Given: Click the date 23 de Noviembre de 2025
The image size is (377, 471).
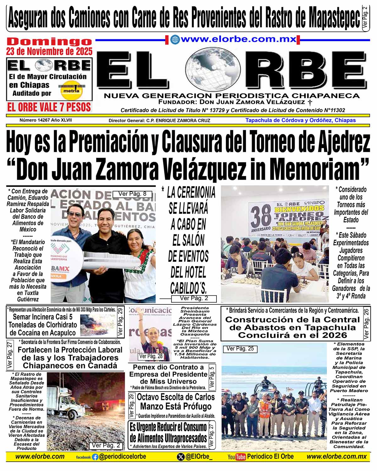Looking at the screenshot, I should pos(49,51).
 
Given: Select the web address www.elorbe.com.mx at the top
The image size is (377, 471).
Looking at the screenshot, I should pos(238,40).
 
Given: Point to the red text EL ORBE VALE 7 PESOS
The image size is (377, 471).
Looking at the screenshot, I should pos(49,107).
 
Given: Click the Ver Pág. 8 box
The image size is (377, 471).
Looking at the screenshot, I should pos(132,194).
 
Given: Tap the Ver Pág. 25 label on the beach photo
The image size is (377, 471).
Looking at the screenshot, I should pos(240,348).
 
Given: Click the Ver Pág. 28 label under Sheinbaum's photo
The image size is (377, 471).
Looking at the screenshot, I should pos(151,356).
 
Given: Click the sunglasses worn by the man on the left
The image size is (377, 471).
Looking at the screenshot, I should pos(74,215).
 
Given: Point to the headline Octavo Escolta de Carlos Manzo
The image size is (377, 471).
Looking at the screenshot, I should pos(176,401).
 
